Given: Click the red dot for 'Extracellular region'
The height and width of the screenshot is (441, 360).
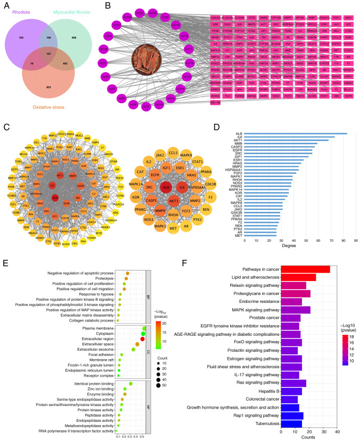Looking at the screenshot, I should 143,338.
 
